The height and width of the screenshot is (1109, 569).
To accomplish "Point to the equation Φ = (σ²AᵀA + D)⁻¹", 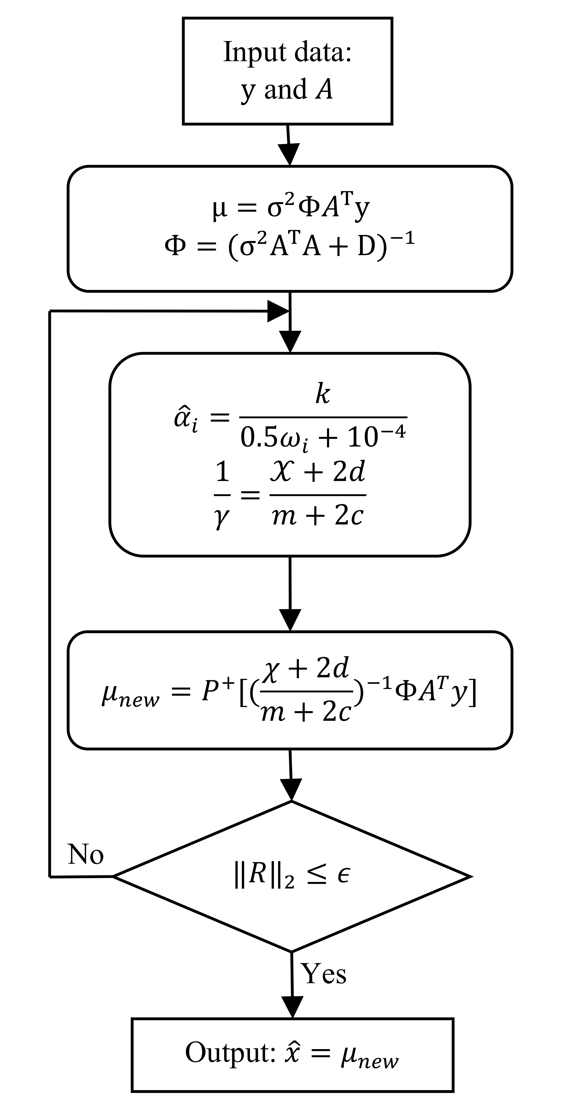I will [x=289, y=246].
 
